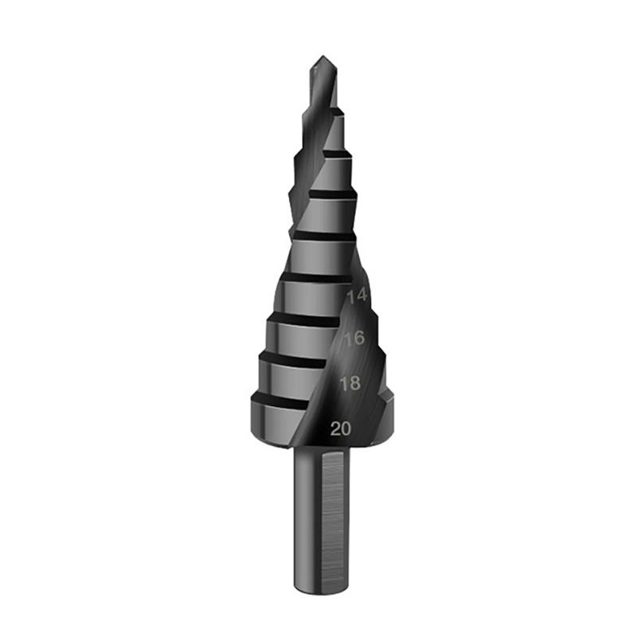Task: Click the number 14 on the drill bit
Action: (x=358, y=295)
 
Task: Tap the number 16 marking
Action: (x=354, y=338)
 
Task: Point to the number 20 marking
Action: (x=341, y=428)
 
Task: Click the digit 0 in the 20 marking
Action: (x=346, y=428)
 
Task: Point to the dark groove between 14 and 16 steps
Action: (x=307, y=316)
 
